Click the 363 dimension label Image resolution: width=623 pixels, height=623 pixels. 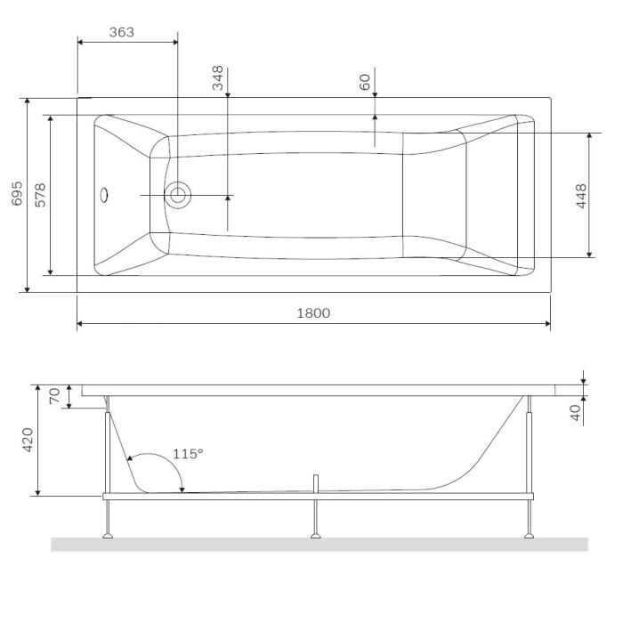point(122,32)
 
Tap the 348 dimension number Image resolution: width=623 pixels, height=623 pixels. point(218,78)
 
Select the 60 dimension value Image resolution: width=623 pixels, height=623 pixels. point(365,82)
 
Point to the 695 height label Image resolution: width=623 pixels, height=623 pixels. point(17,194)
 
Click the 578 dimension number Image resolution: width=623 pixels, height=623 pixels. point(41,195)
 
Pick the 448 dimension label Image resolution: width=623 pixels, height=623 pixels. point(581,196)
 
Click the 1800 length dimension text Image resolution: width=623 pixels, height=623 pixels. point(313,313)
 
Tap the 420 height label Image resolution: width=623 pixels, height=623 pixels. point(28,440)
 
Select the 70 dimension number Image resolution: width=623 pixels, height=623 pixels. point(54,396)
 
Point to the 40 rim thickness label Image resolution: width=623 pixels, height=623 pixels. point(575,413)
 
